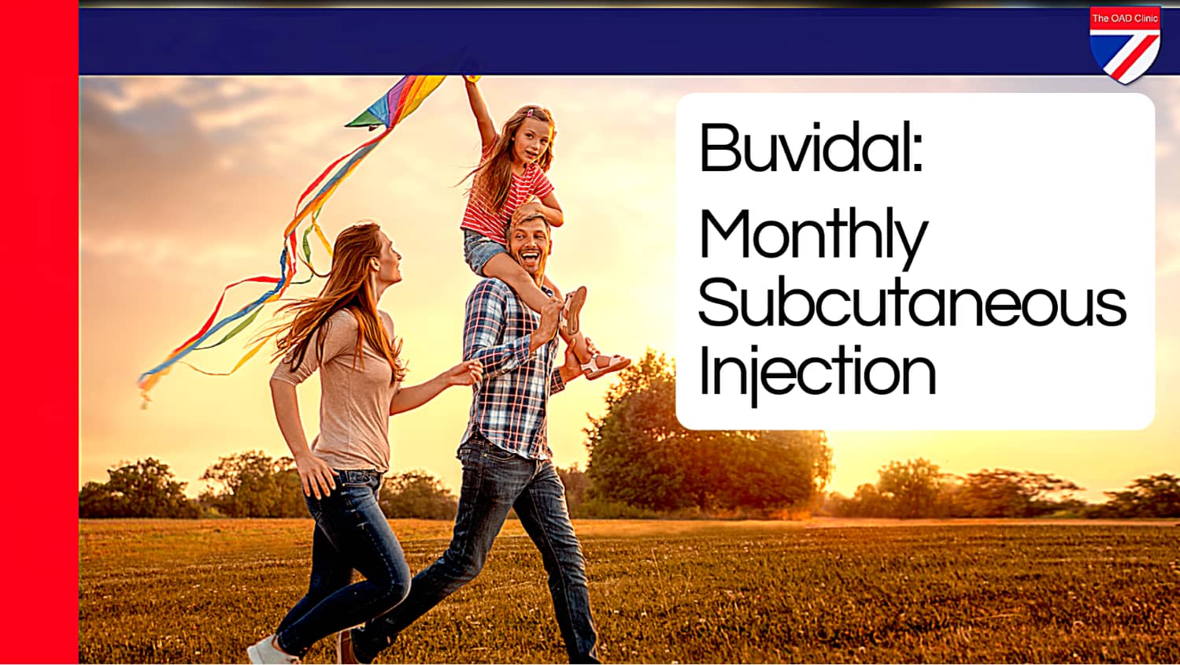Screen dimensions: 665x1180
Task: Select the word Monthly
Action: pyautogui.click(x=812, y=235)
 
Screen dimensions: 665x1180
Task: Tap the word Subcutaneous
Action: pyautogui.click(x=912, y=304)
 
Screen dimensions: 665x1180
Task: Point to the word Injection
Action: pyautogui.click(x=816, y=372)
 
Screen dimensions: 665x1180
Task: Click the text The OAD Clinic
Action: pyautogui.click(x=1124, y=18)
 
